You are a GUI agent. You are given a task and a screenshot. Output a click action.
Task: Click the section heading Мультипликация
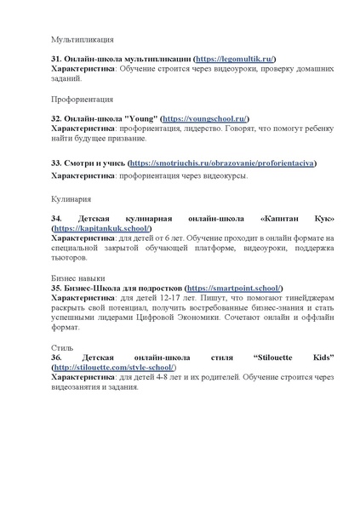click(83, 39)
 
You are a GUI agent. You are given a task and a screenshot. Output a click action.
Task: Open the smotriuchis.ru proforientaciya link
click(220, 162)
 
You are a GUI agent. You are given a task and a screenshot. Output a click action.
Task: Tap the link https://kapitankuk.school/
click(102, 228)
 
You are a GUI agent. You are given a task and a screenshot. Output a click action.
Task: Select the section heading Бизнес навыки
click(78, 277)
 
